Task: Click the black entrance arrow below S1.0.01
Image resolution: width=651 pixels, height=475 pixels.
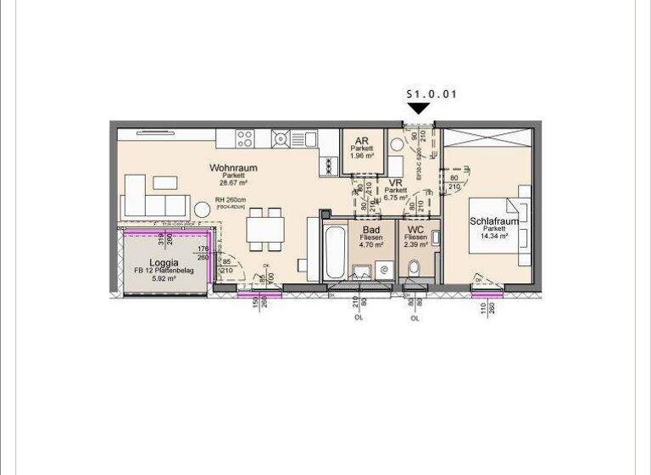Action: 419,108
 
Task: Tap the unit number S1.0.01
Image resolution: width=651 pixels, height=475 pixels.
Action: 431,94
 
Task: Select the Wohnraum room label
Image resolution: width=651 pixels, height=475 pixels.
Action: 233,168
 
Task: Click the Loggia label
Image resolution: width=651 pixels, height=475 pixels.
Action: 163,262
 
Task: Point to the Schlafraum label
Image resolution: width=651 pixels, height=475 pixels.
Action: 494,221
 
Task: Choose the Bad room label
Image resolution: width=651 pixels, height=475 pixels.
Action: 371,229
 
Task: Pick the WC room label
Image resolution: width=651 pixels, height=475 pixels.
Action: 415,229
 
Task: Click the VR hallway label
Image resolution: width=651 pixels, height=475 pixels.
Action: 395,182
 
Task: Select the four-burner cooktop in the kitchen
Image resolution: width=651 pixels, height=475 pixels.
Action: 245,138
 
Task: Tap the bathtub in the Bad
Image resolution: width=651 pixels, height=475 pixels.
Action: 333,252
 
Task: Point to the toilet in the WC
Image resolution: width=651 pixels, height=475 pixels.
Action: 414,269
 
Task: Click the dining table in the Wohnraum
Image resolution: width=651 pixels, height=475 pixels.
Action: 264,229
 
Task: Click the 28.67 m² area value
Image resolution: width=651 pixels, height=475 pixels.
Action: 233,183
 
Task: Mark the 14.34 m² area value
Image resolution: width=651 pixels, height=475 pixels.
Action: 494,237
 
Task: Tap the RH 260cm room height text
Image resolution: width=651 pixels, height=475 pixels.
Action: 230,199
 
